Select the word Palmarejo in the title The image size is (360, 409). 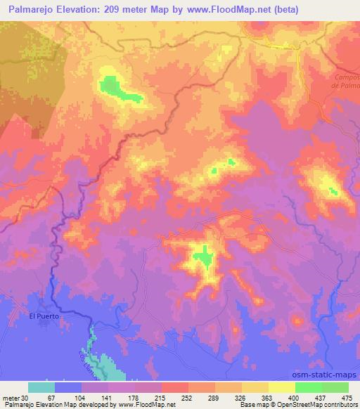34,10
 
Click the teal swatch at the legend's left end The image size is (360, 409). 41,387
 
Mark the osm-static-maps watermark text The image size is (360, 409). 330,374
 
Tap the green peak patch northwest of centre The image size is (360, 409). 110,86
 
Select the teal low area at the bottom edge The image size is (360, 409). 105,365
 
